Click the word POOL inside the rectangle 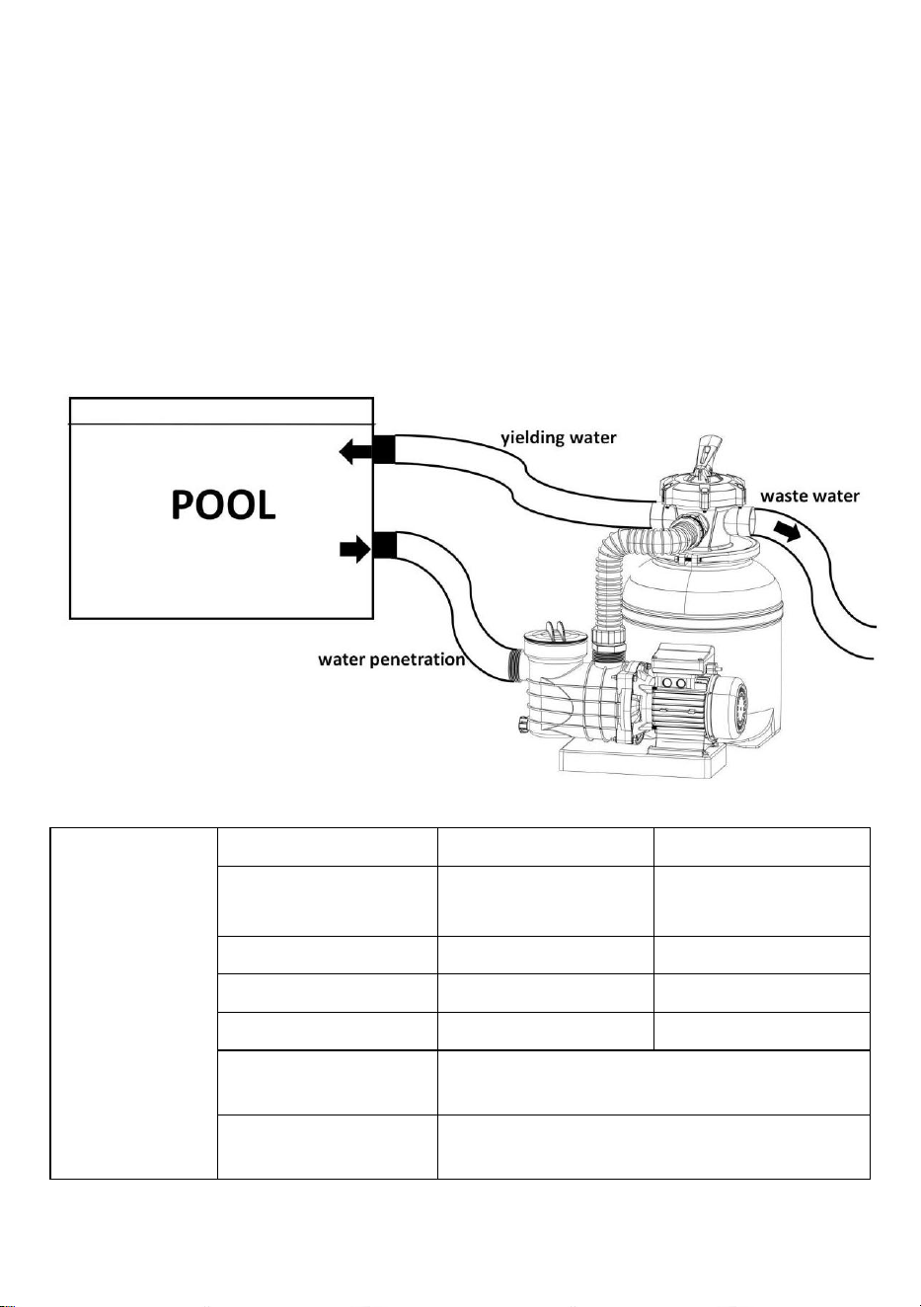[x=223, y=504]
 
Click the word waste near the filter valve [x=785, y=496]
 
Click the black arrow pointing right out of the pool [x=355, y=550]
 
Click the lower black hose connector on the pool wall [x=385, y=545]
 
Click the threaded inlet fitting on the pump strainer [x=514, y=664]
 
